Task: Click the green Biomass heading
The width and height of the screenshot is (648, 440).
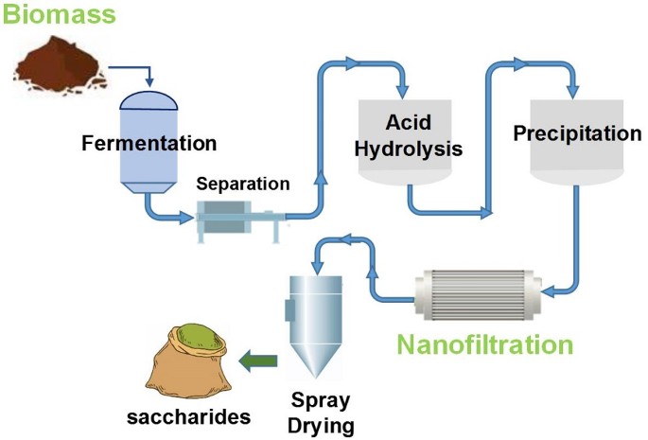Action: pyautogui.click(x=59, y=13)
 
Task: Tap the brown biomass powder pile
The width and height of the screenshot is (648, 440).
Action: pyautogui.click(x=61, y=65)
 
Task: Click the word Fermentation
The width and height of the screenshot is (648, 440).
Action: pyautogui.click(x=149, y=143)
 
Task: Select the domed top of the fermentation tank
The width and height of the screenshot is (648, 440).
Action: pyautogui.click(x=149, y=100)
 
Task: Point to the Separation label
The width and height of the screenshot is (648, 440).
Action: pyautogui.click(x=243, y=184)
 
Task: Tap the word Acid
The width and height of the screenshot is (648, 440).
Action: pyautogui.click(x=409, y=122)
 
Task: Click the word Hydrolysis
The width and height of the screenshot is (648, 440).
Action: pyautogui.click(x=409, y=149)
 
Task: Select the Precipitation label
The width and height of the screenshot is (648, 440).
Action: pyautogui.click(x=577, y=133)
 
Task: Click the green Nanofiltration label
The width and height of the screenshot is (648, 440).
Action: pyautogui.click(x=485, y=344)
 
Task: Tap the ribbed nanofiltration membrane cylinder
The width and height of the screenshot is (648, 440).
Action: pyautogui.click(x=478, y=294)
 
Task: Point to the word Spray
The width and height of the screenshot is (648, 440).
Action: pyautogui.click(x=321, y=401)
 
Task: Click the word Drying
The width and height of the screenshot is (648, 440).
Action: pyautogui.click(x=321, y=426)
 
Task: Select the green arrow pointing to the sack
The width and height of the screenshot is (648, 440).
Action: pyautogui.click(x=258, y=361)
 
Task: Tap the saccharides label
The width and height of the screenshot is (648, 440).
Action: pyautogui.click(x=189, y=417)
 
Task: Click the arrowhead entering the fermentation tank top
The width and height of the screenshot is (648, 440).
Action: pyautogui.click(x=149, y=82)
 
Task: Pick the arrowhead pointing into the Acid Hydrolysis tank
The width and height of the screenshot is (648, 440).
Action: pyautogui.click(x=403, y=92)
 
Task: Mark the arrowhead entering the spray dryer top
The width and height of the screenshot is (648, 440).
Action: pyautogui.click(x=317, y=269)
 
